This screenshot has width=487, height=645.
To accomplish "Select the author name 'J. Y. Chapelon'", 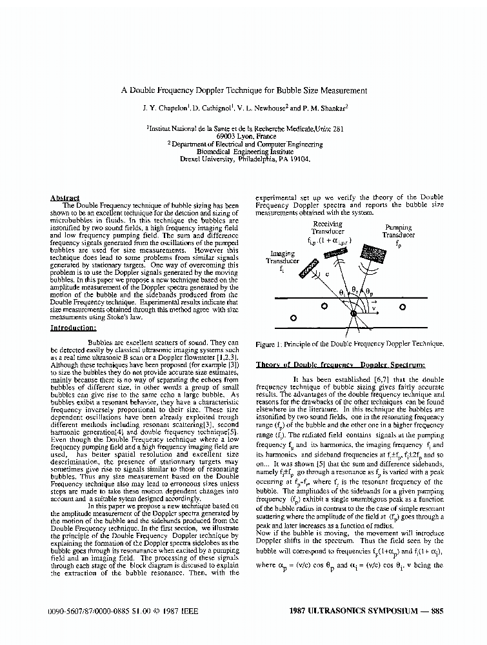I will [169, 109].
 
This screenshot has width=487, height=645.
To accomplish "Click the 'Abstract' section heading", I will [65, 198].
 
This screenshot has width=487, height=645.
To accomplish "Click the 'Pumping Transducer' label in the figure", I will [398, 232].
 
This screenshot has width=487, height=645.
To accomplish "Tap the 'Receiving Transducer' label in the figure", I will [328, 228].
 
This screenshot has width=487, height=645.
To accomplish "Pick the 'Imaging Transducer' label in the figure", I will [284, 258].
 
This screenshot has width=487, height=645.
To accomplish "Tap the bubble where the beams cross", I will [353, 314].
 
